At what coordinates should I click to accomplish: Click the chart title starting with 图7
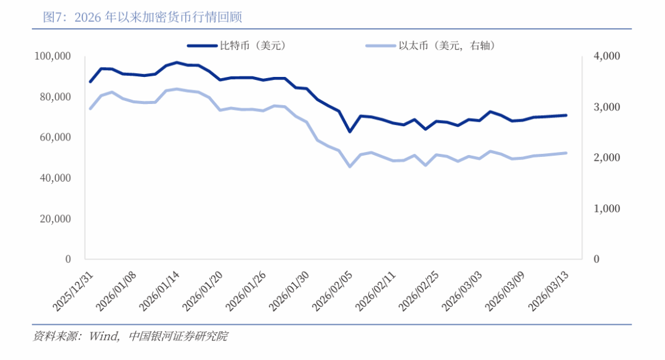pyautogui.click(x=142, y=17)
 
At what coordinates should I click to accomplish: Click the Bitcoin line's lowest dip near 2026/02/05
pyautogui.click(x=350, y=131)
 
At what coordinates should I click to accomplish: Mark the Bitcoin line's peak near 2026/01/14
pyautogui.click(x=177, y=63)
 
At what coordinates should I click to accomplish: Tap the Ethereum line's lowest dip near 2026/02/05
pyautogui.click(x=350, y=166)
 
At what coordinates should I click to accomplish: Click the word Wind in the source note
pyautogui.click(x=104, y=336)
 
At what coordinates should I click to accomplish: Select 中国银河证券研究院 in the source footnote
pyautogui.click(x=179, y=336)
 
